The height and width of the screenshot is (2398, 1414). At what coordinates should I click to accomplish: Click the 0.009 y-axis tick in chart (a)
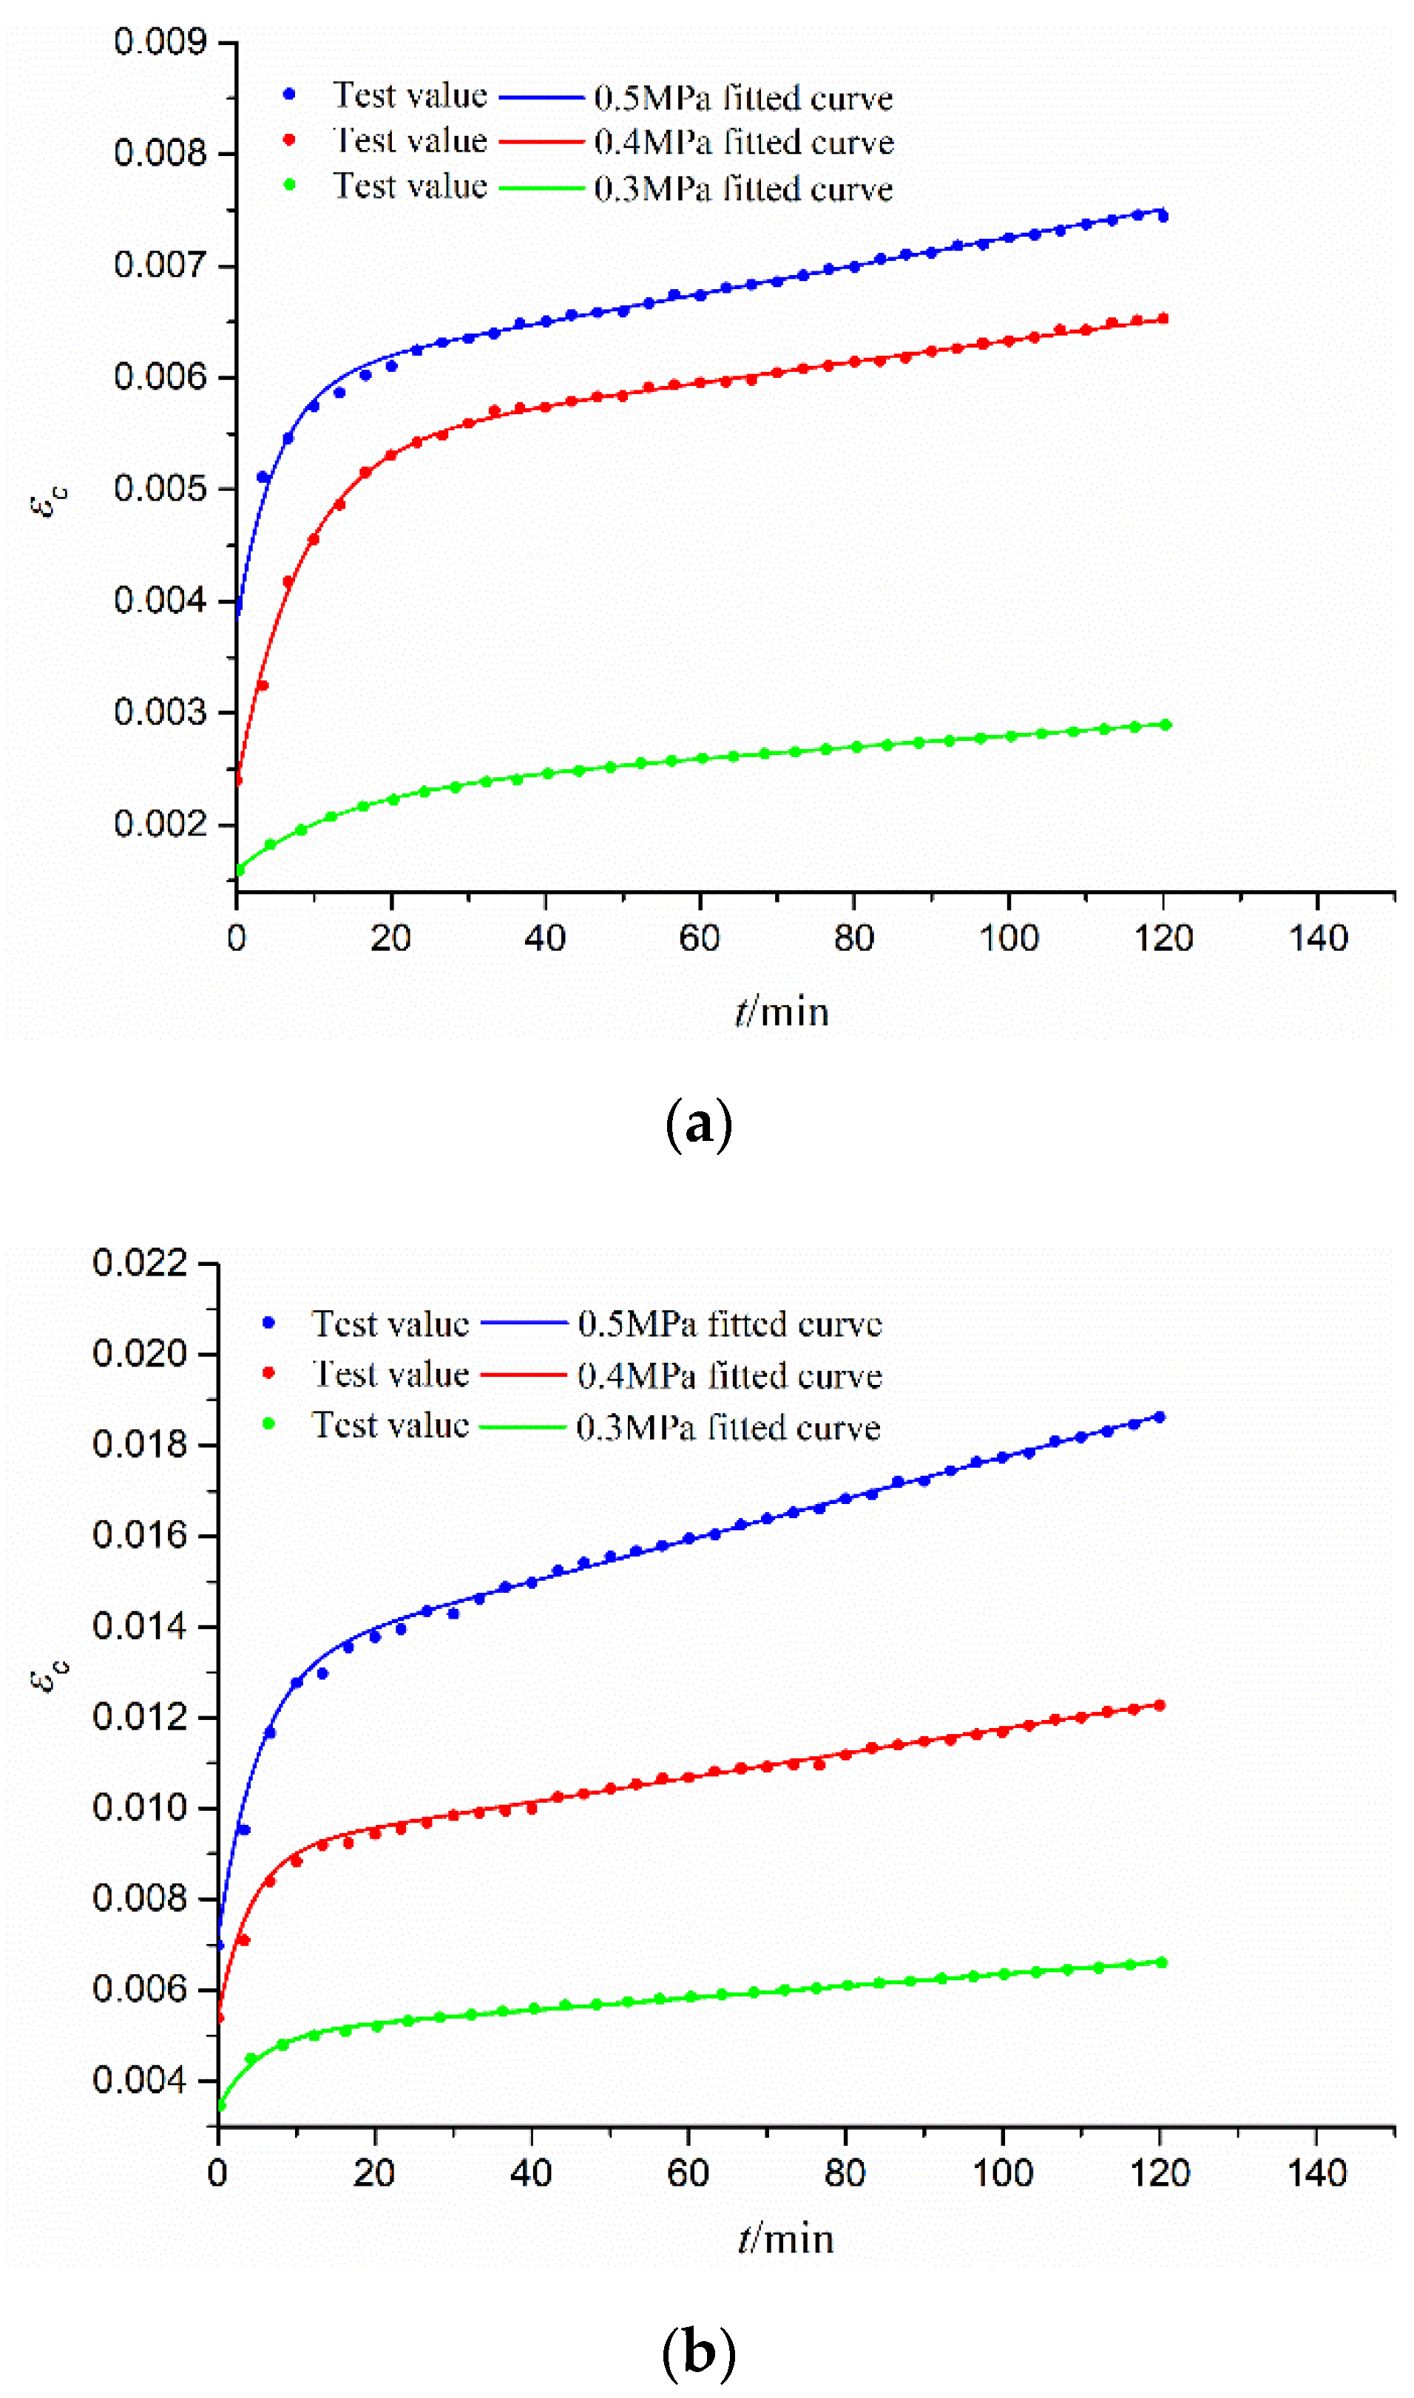click(x=159, y=42)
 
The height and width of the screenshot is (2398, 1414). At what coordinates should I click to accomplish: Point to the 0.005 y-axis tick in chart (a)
click(x=159, y=489)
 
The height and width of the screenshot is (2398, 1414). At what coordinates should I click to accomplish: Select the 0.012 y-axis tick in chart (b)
click(x=140, y=1717)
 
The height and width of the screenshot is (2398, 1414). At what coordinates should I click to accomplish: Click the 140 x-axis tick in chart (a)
click(x=1318, y=939)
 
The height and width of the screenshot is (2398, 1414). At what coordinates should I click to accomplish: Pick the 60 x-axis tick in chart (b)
click(x=688, y=2173)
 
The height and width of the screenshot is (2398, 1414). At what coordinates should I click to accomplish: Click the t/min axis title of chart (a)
click(x=781, y=1012)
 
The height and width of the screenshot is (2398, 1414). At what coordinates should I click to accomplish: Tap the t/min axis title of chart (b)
click(x=785, y=2239)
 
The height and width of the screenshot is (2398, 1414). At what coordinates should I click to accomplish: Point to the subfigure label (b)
click(x=698, y=2352)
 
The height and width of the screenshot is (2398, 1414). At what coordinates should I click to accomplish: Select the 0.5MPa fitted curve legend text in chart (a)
click(x=743, y=97)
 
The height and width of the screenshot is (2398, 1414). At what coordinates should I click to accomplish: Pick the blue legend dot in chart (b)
click(x=268, y=1322)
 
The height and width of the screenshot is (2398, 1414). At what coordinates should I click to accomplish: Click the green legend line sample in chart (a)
click(x=541, y=188)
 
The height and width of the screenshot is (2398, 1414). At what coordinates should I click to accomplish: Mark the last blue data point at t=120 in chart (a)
click(x=1163, y=216)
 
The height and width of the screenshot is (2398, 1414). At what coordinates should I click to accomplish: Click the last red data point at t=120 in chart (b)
click(x=1160, y=1704)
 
